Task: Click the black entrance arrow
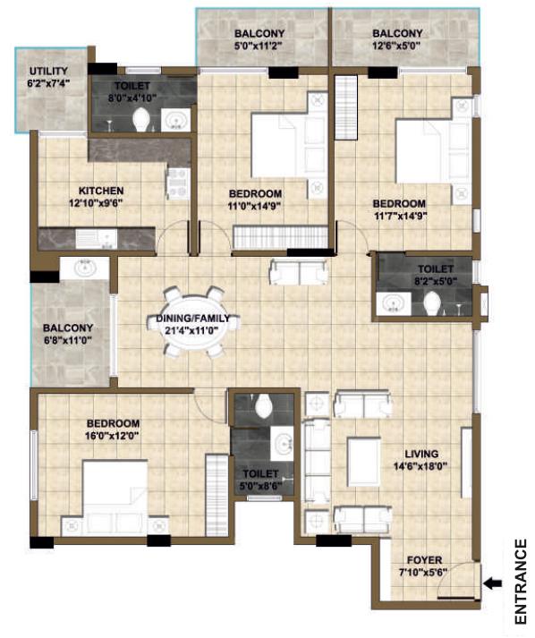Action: pyautogui.click(x=494, y=583)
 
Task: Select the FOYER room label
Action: pyautogui.click(x=424, y=560)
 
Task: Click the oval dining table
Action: pyautogui.click(x=193, y=322)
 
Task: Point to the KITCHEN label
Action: pyautogui.click(x=101, y=191)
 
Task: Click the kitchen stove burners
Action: pyautogui.click(x=178, y=184)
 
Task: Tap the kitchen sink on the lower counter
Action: pyautogui.click(x=96, y=239)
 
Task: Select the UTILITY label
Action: pyautogui.click(x=48, y=72)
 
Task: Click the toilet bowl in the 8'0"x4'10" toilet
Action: pyautogui.click(x=140, y=120)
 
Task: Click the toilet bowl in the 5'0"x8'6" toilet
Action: pyautogui.click(x=264, y=405)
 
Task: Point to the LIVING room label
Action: pyautogui.click(x=421, y=454)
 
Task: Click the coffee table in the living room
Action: pyautogui.click(x=364, y=462)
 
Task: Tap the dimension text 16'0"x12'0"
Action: pyautogui.click(x=113, y=436)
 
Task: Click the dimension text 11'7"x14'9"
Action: pyautogui.click(x=400, y=216)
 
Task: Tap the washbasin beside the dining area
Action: pyautogui.click(x=85, y=268)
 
